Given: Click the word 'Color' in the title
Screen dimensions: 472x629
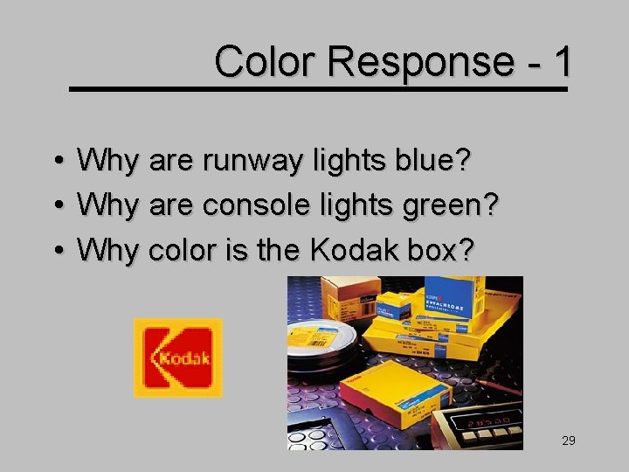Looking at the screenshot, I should pyautogui.click(x=266, y=61).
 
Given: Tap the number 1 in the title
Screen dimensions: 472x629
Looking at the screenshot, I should pyautogui.click(x=563, y=61).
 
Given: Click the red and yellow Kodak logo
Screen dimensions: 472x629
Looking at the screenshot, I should pyautogui.click(x=177, y=357).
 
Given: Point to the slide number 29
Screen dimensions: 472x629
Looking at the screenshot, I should pyautogui.click(x=569, y=441).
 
